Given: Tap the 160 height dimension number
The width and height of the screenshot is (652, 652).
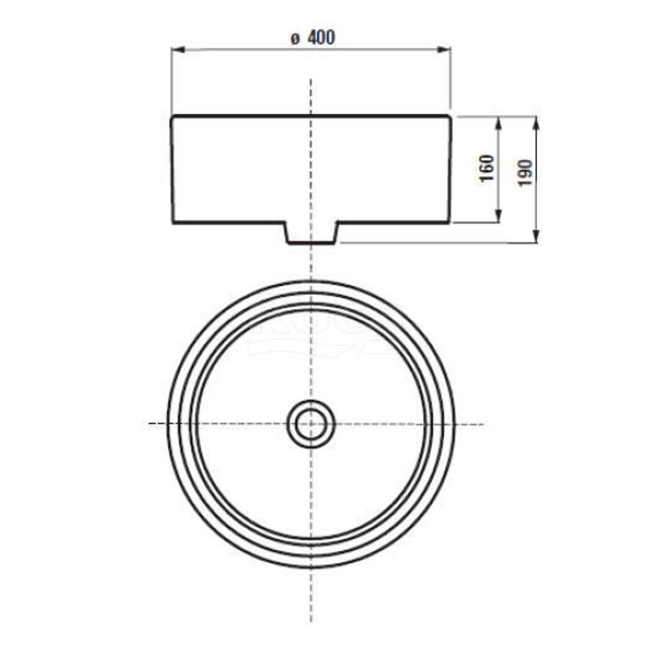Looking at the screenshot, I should (487, 169).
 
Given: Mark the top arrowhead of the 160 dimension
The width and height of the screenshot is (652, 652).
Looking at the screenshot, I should (497, 121).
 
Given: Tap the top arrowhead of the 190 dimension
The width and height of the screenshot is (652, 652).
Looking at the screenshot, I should (536, 121).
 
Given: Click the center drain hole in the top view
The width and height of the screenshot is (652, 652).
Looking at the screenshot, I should (311, 424).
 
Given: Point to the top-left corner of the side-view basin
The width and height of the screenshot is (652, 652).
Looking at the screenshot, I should (172, 117).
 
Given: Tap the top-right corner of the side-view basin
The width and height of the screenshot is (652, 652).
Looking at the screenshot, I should (450, 117).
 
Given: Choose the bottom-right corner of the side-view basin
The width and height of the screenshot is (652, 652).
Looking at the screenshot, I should (449, 222).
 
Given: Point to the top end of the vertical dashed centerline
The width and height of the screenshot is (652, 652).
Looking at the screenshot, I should (311, 80).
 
